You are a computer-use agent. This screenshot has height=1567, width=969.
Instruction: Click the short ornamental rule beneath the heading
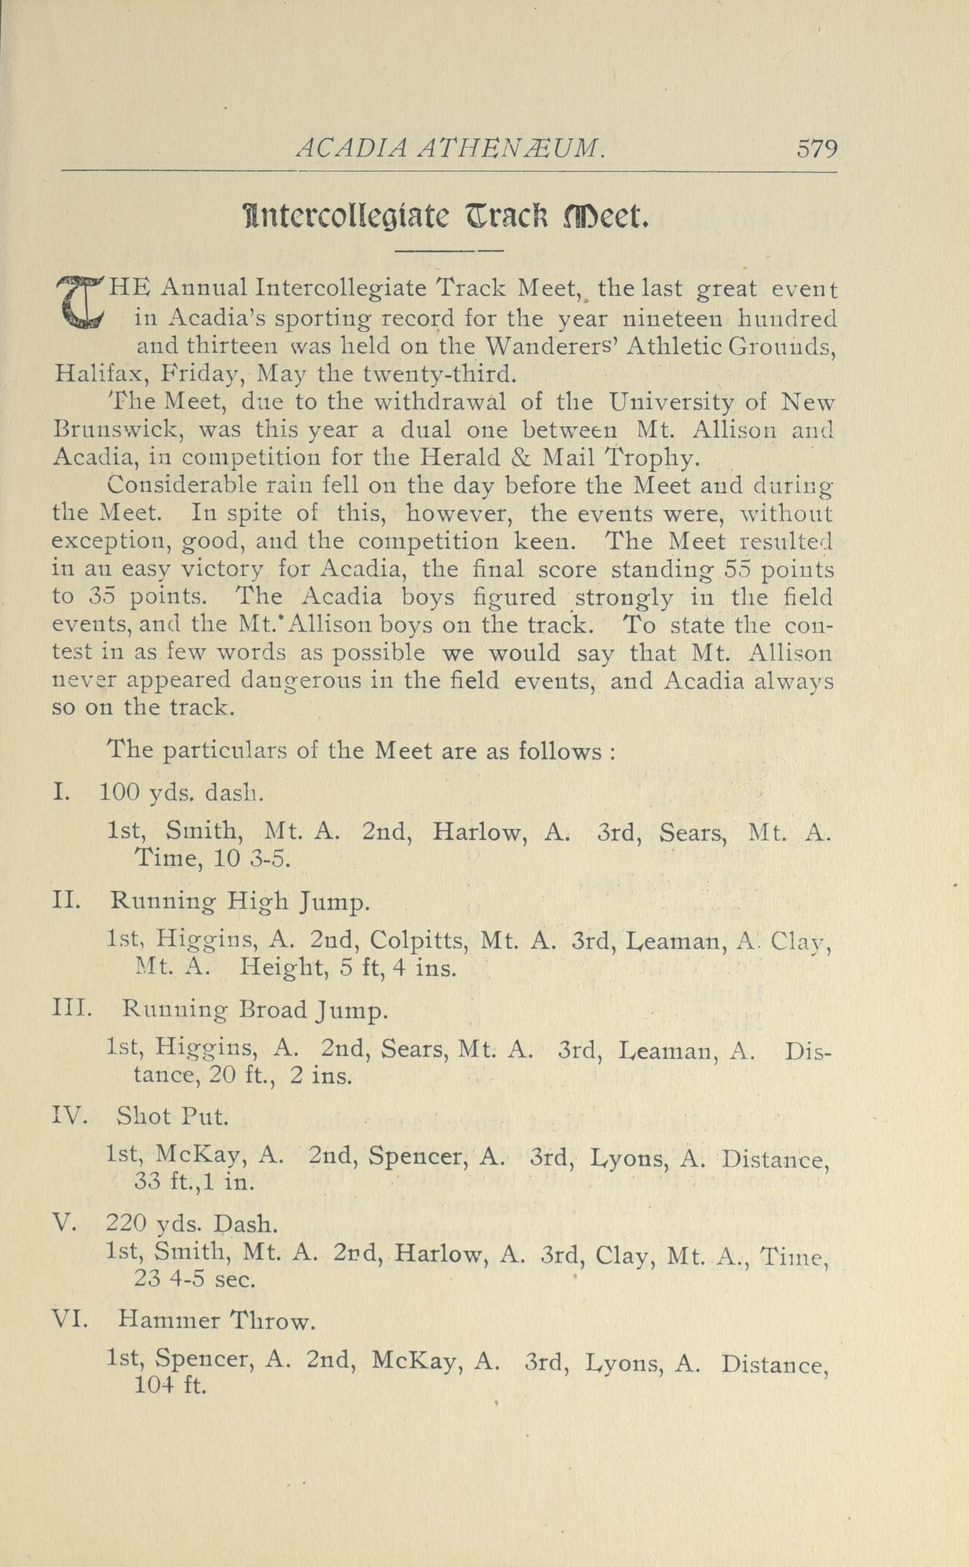(x=449, y=250)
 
